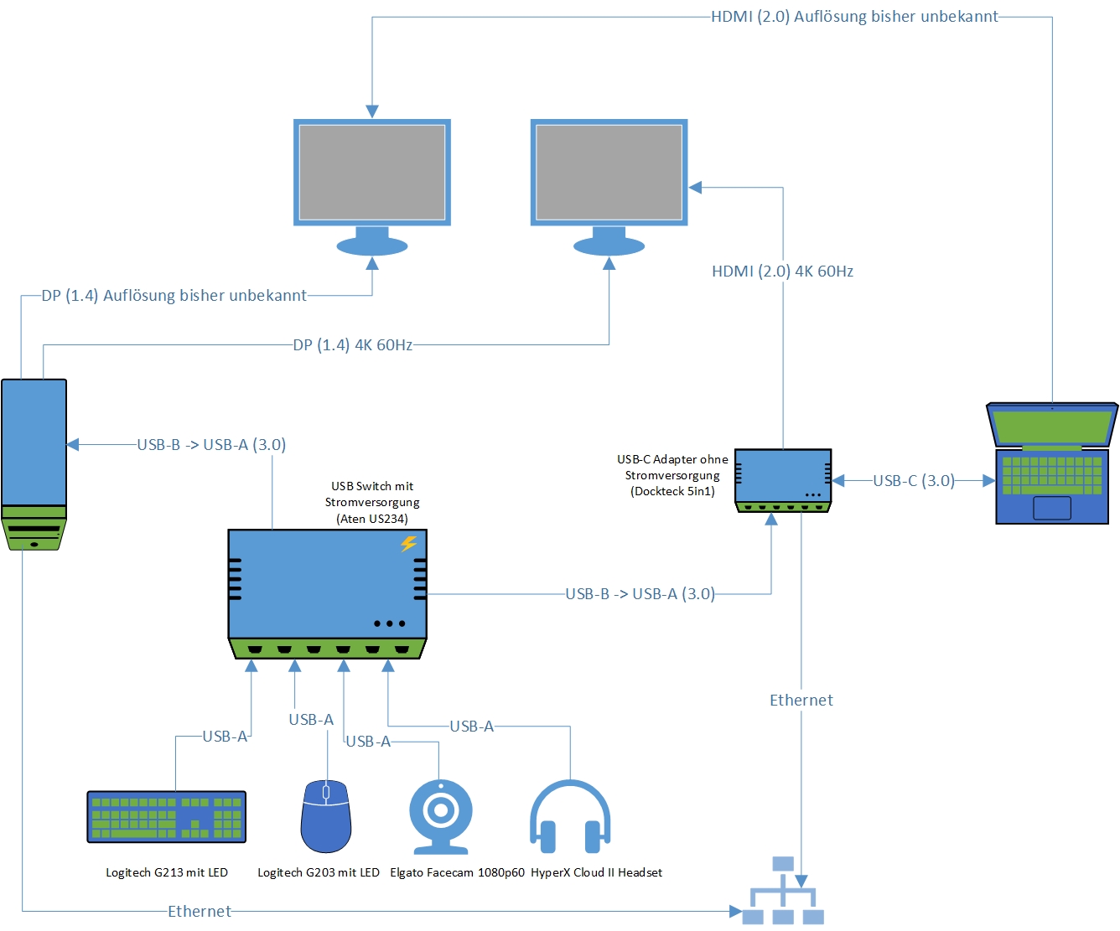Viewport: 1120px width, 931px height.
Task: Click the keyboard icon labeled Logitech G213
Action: tap(166, 816)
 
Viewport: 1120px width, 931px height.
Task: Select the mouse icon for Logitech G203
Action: tap(326, 816)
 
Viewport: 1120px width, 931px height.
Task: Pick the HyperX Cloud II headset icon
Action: tap(570, 817)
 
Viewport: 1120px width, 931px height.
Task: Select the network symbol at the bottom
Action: tap(783, 892)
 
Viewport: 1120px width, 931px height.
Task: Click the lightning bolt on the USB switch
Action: tap(408, 544)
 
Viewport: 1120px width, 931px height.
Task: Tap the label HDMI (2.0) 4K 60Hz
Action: tap(782, 272)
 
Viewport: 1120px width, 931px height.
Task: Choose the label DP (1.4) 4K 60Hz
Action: tap(353, 345)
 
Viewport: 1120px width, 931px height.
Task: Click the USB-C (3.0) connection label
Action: tap(914, 481)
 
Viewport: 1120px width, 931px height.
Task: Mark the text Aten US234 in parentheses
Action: tap(372, 519)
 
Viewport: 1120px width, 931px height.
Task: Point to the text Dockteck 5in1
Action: tap(672, 492)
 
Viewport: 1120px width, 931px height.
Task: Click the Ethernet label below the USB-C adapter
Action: tap(801, 701)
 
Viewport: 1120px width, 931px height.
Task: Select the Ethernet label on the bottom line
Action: tap(200, 912)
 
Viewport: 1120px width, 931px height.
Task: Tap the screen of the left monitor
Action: tap(372, 172)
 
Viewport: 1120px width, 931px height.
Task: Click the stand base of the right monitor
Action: tap(609, 246)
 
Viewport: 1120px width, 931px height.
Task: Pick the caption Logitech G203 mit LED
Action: tap(319, 873)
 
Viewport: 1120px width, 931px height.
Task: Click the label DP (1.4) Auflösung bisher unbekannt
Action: tap(174, 296)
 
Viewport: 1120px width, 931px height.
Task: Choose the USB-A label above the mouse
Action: tap(311, 720)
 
